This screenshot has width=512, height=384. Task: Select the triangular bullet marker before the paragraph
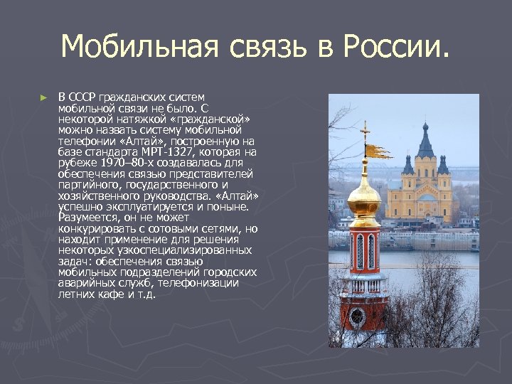(44, 97)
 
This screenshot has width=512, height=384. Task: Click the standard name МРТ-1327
(172, 151)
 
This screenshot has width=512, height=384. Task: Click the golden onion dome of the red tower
(365, 200)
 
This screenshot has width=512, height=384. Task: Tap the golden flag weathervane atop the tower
(378, 151)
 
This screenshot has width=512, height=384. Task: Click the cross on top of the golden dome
(366, 132)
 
